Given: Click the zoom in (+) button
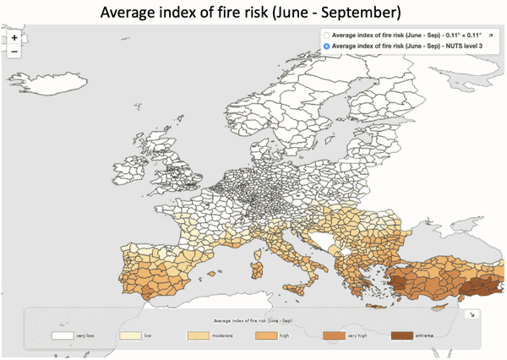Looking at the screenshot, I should (x=14, y=38).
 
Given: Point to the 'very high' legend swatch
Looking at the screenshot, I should (x=335, y=335).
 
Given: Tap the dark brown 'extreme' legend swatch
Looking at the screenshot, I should (x=402, y=335).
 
